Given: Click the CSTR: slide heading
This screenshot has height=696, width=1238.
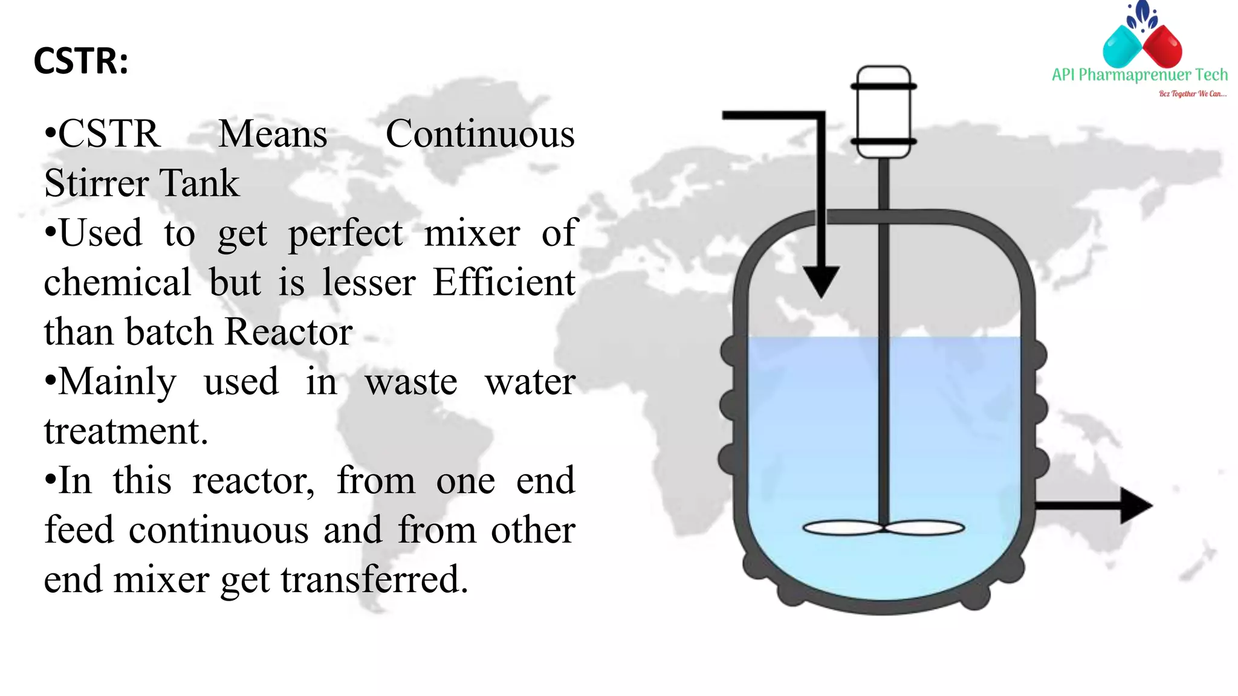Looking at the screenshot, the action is click(81, 61).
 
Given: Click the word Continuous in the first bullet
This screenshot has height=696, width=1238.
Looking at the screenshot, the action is click(480, 134).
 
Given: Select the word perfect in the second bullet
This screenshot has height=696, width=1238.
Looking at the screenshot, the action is click(345, 234).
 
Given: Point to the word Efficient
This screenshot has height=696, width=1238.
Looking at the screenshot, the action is click(504, 282).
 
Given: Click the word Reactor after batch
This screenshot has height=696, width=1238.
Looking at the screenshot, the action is click(288, 332).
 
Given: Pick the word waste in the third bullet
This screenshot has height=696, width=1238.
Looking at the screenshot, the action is click(411, 382).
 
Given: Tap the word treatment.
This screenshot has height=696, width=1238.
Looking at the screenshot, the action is click(126, 431).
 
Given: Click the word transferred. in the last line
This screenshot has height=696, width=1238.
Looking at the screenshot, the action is click(374, 579).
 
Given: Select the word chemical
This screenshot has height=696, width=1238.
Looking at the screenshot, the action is click(117, 282).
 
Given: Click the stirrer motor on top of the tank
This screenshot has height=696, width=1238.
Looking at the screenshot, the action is click(883, 112).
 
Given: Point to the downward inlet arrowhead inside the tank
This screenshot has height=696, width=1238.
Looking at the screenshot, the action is click(821, 280).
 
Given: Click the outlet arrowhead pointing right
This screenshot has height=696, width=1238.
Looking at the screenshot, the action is click(1135, 505).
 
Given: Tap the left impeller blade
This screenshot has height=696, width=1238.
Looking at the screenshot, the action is click(843, 529).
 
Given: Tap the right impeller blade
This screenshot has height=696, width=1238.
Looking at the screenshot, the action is click(924, 529).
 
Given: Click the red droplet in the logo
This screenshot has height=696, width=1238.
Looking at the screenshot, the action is click(1162, 47).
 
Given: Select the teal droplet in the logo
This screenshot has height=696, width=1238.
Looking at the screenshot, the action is click(1122, 47).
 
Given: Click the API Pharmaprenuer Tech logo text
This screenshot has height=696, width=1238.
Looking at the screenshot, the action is click(1139, 75).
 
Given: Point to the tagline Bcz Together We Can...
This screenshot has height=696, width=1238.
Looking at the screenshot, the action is click(1192, 94).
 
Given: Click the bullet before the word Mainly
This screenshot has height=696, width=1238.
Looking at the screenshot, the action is click(51, 381).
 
